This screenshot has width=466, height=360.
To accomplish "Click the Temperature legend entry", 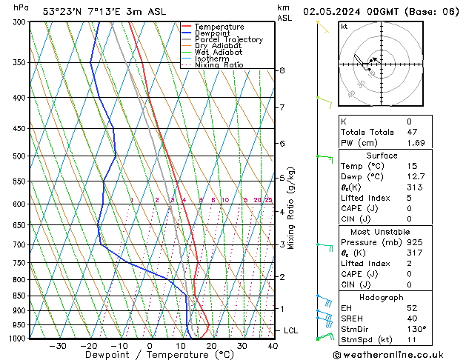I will point(220,27).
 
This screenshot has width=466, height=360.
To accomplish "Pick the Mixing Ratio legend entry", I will point(219,65).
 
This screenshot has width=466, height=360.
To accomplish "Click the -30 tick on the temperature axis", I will point(57,346).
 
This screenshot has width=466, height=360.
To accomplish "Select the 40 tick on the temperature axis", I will point(273,346).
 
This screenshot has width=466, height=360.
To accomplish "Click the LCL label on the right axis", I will point(292,330).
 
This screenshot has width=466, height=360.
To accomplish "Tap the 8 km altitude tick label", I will point(282,70).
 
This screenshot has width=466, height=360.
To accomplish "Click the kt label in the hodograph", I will point(344,27).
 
